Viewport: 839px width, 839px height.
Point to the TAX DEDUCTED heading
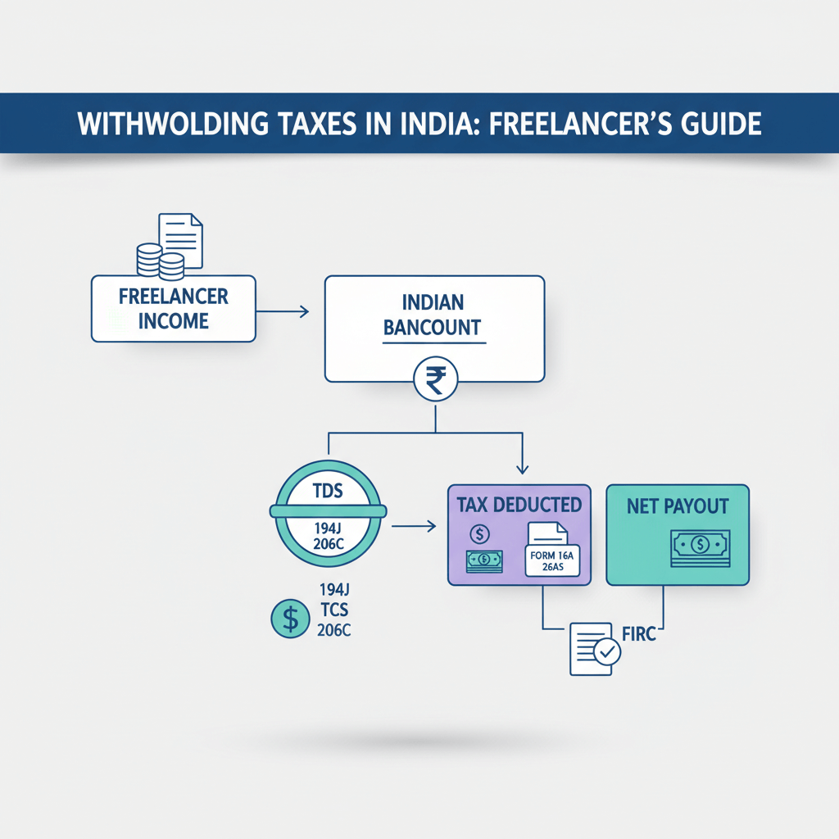[519, 504]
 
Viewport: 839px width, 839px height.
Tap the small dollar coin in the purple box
[479, 535]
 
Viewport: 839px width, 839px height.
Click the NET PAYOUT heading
[677, 506]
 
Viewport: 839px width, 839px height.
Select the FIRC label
[640, 635]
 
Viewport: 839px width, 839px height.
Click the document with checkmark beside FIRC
[592, 648]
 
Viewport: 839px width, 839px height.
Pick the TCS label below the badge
[332, 610]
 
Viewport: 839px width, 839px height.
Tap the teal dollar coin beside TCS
[290, 619]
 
